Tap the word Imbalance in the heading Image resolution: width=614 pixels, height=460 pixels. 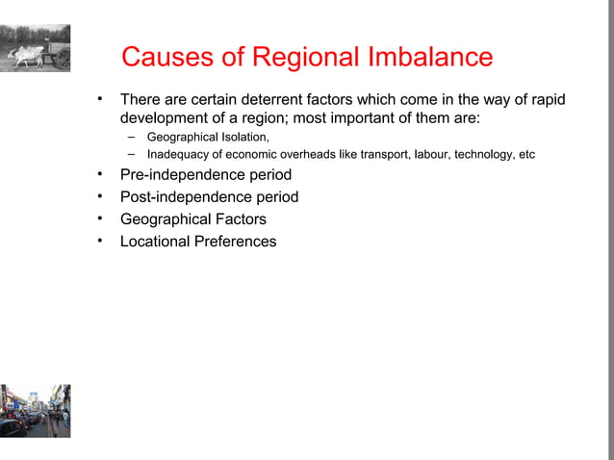(x=429, y=58)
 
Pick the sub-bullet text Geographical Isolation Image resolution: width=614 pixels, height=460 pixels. (x=208, y=138)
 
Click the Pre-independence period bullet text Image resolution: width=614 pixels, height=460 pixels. (x=205, y=175)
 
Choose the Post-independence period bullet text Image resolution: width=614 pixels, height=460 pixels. (x=209, y=197)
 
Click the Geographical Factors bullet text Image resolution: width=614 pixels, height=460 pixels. (x=192, y=219)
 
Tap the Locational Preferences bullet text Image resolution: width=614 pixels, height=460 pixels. (x=197, y=242)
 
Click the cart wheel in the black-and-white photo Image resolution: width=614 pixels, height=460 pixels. (x=62, y=58)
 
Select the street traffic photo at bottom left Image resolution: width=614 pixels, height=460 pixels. (x=35, y=411)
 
